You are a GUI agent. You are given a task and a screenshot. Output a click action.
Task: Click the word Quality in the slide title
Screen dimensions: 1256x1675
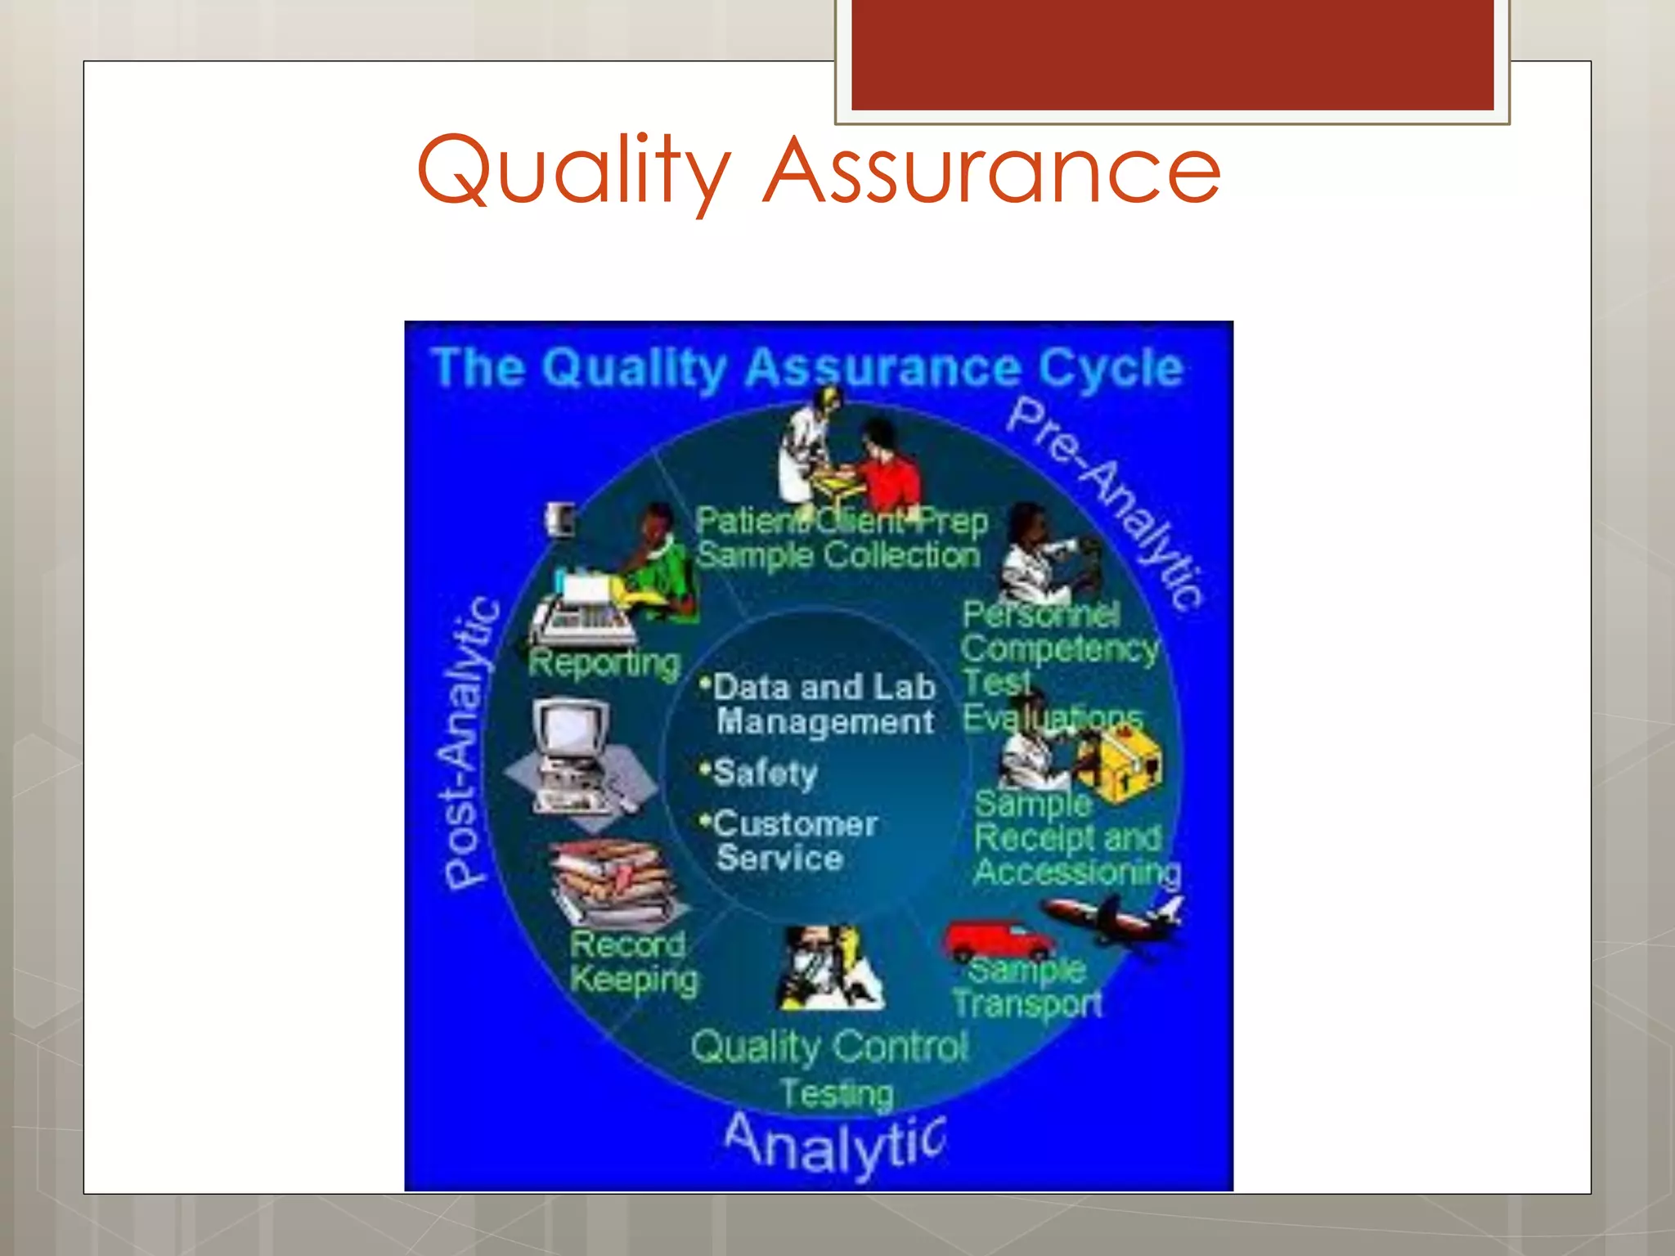[x=573, y=172]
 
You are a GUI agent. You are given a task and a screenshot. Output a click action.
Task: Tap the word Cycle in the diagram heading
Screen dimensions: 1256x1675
[x=1111, y=368]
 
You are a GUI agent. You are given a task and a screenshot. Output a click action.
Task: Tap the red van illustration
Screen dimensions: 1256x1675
[x=998, y=940]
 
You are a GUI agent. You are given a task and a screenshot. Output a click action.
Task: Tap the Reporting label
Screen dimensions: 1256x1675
[x=604, y=662]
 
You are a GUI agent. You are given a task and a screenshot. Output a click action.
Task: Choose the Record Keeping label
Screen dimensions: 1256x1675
[x=633, y=962]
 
